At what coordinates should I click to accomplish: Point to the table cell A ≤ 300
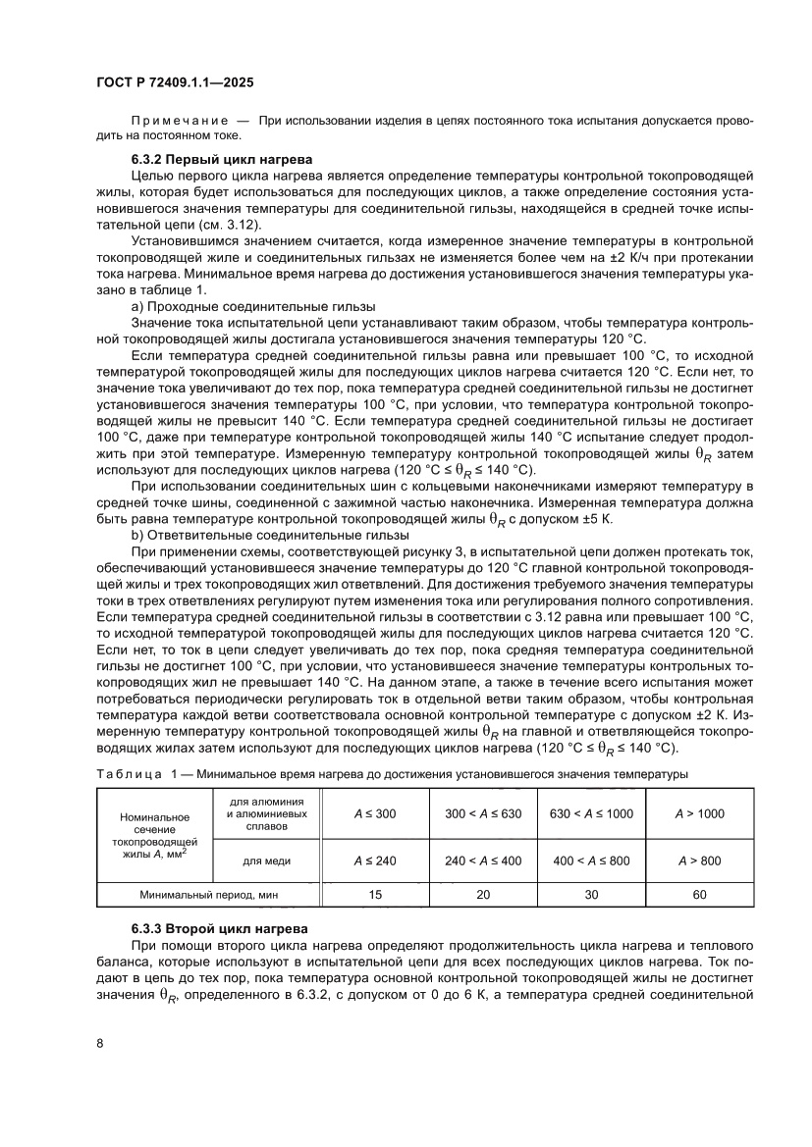[374, 813]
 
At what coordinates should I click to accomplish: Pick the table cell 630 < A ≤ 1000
[591, 813]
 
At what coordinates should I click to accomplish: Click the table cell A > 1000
[700, 813]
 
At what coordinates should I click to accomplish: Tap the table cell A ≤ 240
[374, 860]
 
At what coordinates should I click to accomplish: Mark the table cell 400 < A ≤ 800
[591, 860]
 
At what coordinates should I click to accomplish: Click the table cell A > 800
[700, 860]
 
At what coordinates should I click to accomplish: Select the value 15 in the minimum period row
[374, 895]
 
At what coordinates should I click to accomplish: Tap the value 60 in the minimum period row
[700, 895]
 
